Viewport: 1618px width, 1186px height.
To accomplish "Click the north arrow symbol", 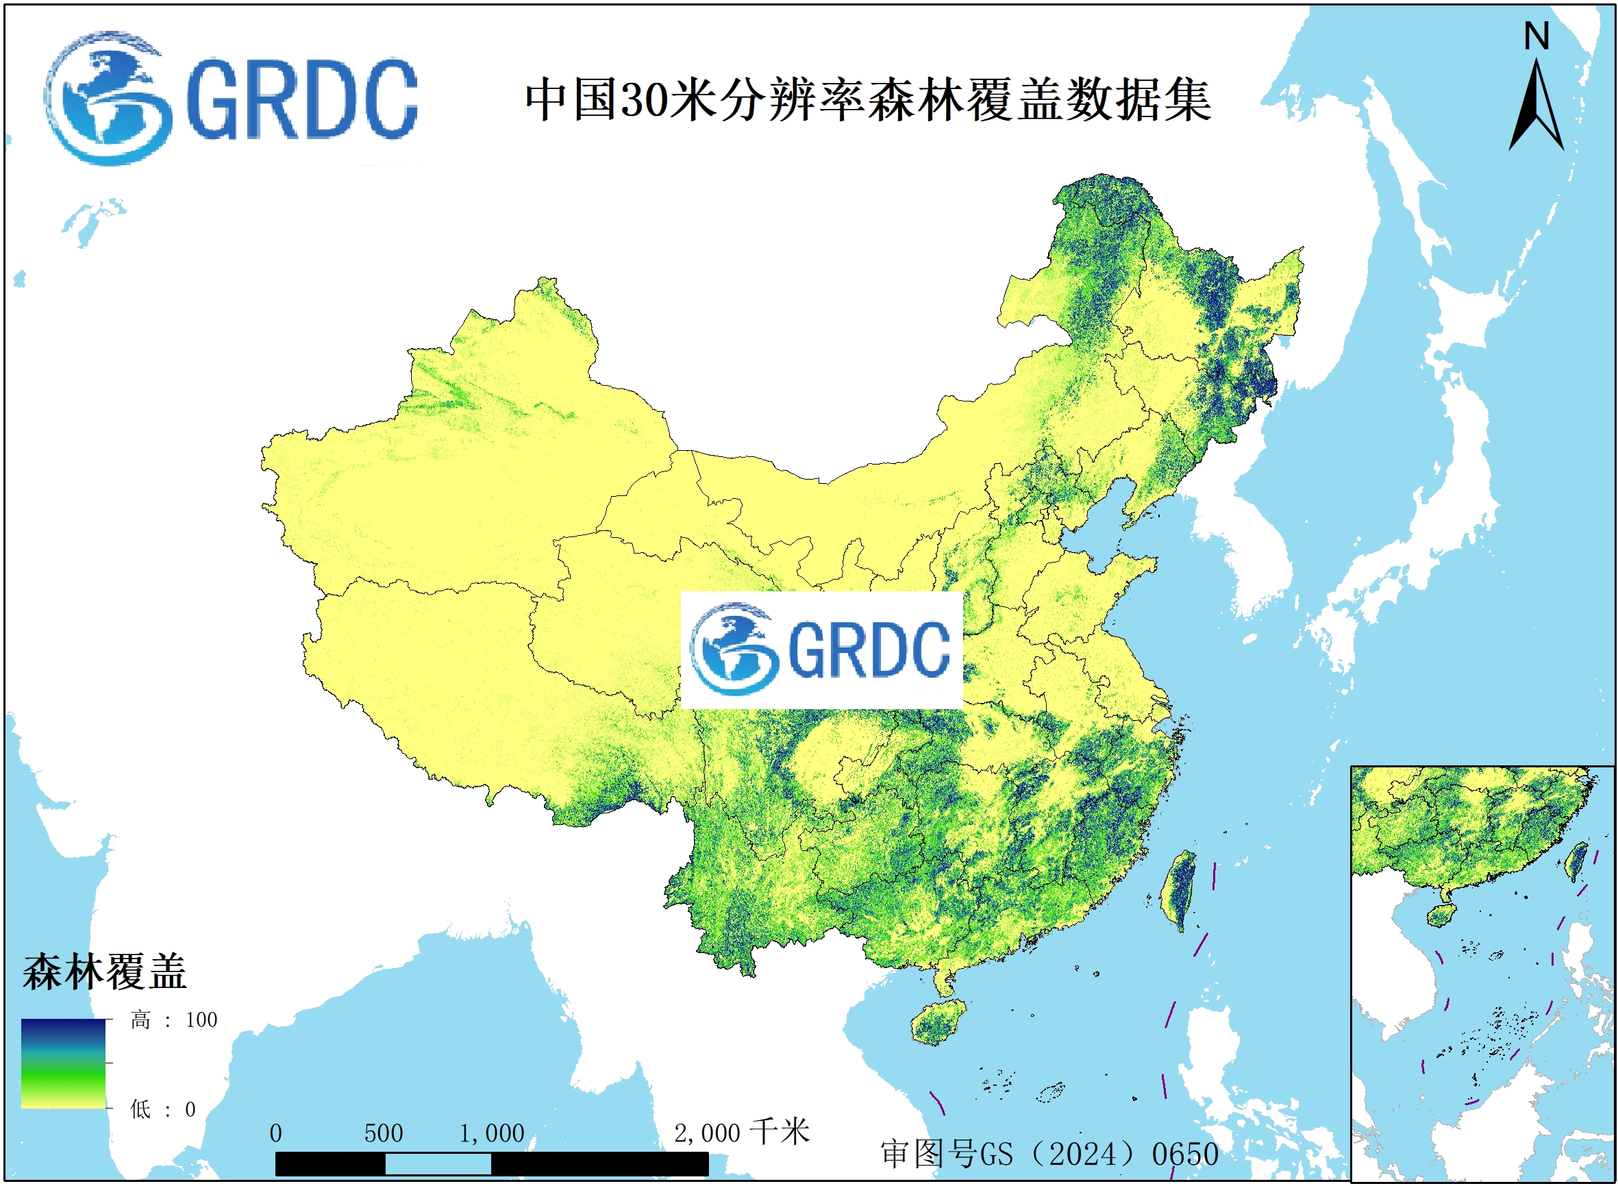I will (1537, 108).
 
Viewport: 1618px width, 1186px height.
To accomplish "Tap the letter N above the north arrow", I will (1536, 36).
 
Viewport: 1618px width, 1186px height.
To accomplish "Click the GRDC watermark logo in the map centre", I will (821, 650).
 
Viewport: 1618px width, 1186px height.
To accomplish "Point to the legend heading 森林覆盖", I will (105, 972).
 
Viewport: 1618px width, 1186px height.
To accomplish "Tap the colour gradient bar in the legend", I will (63, 1063).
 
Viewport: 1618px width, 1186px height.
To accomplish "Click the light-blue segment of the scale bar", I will (438, 1164).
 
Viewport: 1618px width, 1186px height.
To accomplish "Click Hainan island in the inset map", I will (1439, 915).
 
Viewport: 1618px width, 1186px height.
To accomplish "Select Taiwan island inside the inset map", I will (1576, 861).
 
